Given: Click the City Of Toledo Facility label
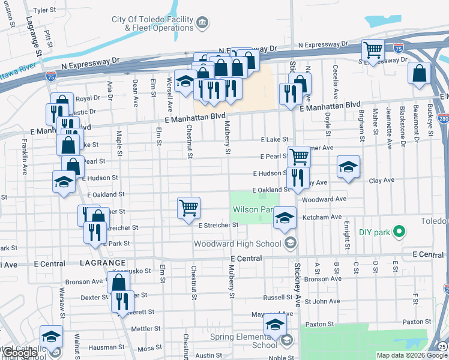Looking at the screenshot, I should pos(153,19).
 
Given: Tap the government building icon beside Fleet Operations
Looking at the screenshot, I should pos(202,23).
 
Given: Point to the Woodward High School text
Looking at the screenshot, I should pos(238,244).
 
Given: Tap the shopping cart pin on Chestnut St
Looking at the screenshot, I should pos(188,207).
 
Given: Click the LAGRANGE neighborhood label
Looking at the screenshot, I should pos(101,263).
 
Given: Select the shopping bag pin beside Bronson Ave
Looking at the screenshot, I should pos(119,281).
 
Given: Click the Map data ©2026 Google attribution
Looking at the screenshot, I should pos(411,355).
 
